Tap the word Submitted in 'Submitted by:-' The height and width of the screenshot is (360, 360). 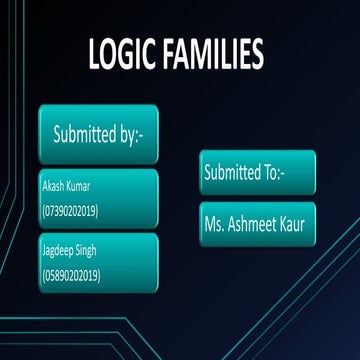[x=85, y=134]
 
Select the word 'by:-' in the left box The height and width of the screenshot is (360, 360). [x=133, y=135]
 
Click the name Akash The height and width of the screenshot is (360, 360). [x=53, y=187]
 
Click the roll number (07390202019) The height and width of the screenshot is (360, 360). [x=69, y=211]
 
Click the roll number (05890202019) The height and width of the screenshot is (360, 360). [x=69, y=273]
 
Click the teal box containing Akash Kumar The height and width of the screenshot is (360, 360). [x=98, y=198]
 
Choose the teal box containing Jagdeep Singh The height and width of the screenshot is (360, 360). [x=98, y=262]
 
